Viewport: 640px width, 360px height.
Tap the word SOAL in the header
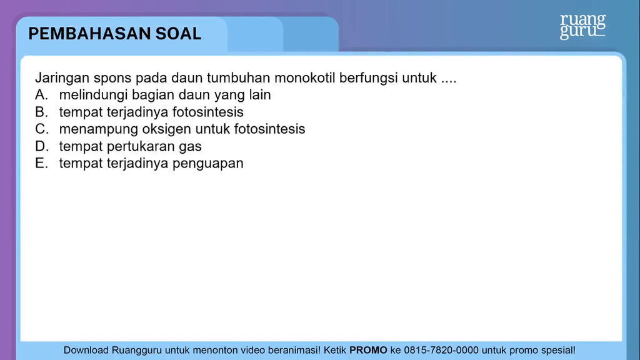tap(178, 34)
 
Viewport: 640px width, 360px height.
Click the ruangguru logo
tap(582, 26)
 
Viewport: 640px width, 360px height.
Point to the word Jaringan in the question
tap(62, 78)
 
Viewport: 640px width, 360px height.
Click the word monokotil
tap(304, 77)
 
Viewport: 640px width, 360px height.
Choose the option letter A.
tap(41, 95)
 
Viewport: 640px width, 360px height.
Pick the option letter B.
tap(41, 112)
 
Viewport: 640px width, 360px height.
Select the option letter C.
tap(42, 129)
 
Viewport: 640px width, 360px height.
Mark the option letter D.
tap(42, 146)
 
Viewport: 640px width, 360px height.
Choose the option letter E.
tap(41, 163)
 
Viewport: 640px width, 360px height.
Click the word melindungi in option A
tap(93, 95)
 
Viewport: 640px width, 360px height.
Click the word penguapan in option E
tap(207, 164)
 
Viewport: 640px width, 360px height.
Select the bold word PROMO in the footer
tap(368, 350)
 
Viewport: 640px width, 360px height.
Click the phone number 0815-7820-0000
tap(441, 350)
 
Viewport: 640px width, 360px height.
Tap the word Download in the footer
tap(86, 350)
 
